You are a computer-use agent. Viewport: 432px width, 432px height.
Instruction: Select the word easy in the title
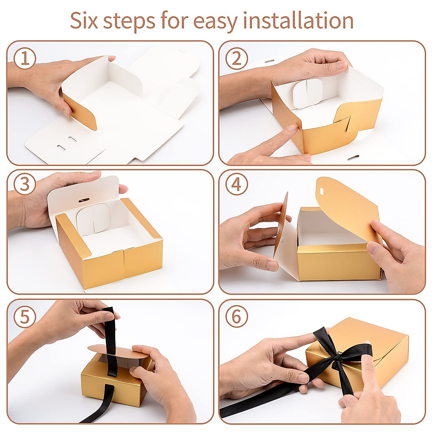[215, 22]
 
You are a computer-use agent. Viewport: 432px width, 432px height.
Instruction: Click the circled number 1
[25, 58]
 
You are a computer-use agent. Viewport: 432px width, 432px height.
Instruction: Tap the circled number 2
[237, 59]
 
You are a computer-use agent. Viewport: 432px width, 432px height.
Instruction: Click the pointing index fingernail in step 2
[292, 128]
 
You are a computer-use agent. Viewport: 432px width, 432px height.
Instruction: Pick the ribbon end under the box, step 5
[100, 404]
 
